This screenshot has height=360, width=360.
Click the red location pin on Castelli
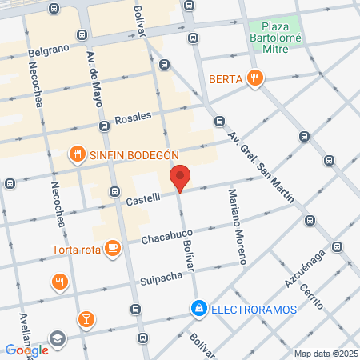coord(180,178)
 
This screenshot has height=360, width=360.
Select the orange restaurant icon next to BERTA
coord(255,78)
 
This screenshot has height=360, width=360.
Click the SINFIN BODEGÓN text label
coord(134,154)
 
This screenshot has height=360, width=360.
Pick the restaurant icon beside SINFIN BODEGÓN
coord(77,154)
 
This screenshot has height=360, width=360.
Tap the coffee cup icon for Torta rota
coord(113,247)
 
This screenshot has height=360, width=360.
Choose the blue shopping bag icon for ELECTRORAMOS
coord(198,306)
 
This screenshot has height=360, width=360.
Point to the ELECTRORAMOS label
coord(246,306)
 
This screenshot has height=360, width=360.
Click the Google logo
coord(26,350)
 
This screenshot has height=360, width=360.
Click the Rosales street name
coord(133,117)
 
